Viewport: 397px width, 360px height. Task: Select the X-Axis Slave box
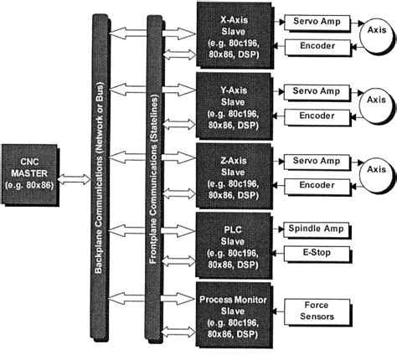[232, 33]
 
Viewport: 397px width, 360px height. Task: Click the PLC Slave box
[232, 242]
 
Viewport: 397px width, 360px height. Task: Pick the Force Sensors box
[314, 311]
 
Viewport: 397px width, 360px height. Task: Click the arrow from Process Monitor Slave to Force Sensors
[278, 311]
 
